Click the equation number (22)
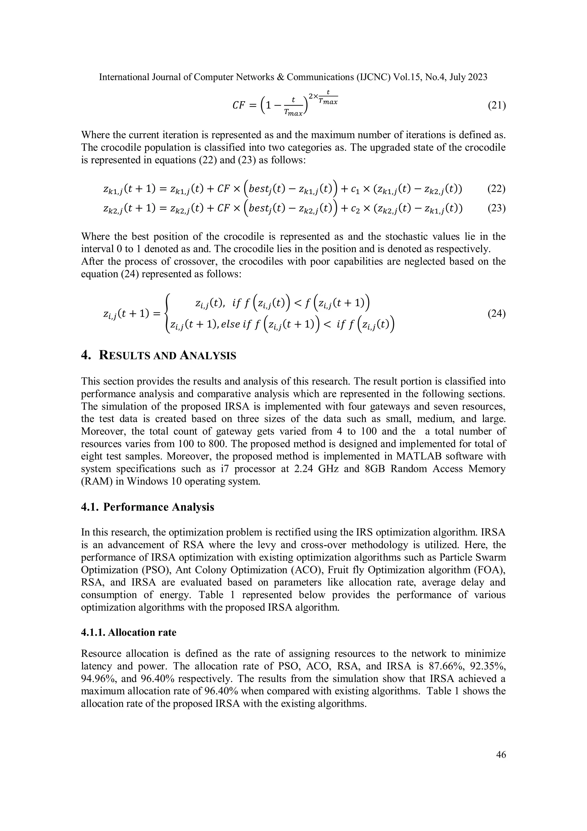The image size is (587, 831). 496,189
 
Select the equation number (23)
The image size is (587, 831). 496,209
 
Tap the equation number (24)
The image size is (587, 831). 496,314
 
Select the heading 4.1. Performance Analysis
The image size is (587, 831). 148,507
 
